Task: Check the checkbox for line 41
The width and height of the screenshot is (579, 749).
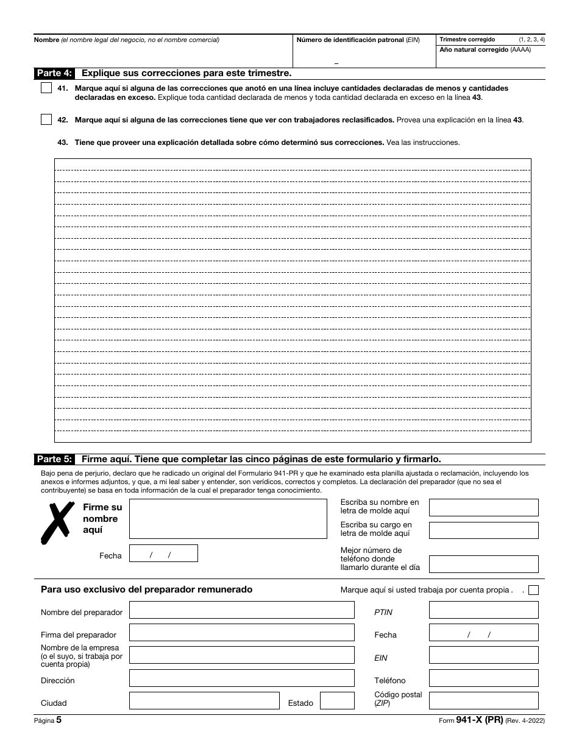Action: [46, 88]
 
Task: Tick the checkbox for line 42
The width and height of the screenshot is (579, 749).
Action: [46, 120]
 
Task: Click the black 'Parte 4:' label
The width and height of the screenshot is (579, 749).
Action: [54, 73]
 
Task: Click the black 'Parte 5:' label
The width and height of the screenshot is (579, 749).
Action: [54, 459]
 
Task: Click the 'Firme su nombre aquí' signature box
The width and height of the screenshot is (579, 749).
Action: [228, 519]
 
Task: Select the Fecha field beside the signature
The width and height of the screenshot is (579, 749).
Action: [163, 554]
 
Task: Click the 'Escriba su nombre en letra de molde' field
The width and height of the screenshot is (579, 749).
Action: [483, 508]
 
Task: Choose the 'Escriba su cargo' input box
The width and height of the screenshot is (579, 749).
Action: [483, 530]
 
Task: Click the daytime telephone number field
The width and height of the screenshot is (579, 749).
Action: [483, 564]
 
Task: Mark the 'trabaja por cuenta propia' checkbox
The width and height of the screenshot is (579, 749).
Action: [533, 590]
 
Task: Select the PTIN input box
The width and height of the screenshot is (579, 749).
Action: [483, 610]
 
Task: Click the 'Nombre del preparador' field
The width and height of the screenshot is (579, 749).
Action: [241, 610]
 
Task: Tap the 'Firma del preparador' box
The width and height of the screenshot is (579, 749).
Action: [241, 633]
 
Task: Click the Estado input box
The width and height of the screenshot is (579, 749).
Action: [337, 701]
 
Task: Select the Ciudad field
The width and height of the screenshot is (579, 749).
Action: [204, 701]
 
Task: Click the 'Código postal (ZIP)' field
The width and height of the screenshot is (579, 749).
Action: [483, 701]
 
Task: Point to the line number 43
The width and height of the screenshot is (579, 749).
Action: [62, 142]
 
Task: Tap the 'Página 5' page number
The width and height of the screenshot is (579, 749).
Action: [48, 720]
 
